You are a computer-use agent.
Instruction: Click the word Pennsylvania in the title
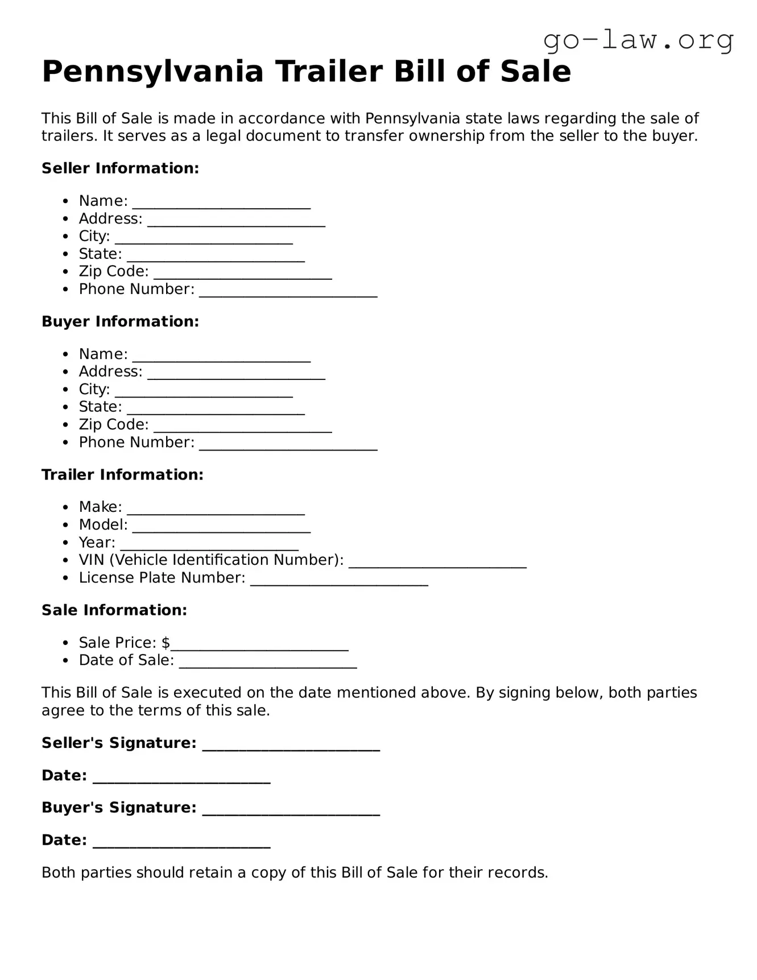click(152, 72)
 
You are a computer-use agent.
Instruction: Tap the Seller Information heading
click(120, 168)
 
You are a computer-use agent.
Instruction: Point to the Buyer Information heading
click(120, 321)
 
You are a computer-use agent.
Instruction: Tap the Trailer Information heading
click(122, 474)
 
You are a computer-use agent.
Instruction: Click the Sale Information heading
click(114, 610)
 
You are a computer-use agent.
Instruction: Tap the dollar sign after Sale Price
click(166, 643)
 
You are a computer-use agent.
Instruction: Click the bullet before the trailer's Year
click(67, 543)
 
